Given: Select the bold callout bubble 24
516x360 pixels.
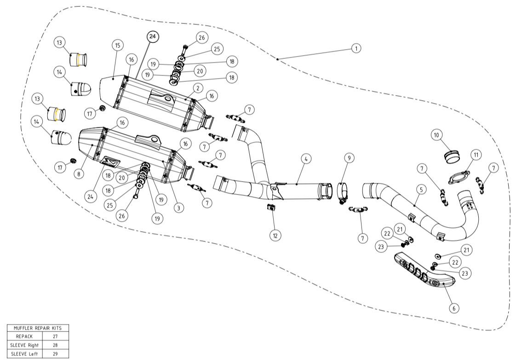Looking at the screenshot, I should (153, 37).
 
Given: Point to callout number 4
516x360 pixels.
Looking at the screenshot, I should (306, 159).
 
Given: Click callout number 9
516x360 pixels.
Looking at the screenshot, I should (349, 158).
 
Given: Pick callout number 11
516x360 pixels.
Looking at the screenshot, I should (476, 154).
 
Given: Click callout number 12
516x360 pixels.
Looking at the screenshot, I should (275, 235).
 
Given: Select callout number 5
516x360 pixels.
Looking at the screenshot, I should (420, 189).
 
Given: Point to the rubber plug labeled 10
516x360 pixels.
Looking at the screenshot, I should (451, 156).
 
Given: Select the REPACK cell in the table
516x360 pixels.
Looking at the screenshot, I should (24, 336).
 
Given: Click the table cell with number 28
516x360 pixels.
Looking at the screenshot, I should (55, 344).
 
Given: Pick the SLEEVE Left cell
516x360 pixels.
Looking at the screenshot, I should (24, 353).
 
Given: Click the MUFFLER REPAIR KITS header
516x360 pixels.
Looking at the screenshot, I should (38, 328).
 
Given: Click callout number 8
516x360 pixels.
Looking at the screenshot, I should (79, 174).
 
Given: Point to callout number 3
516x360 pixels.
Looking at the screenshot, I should (178, 207).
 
